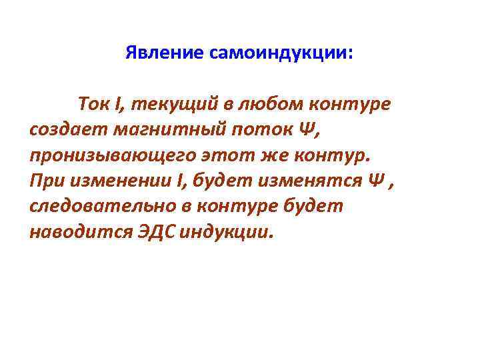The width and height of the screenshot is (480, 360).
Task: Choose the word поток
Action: pos(255,130)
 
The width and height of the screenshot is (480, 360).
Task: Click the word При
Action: pos(45,181)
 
